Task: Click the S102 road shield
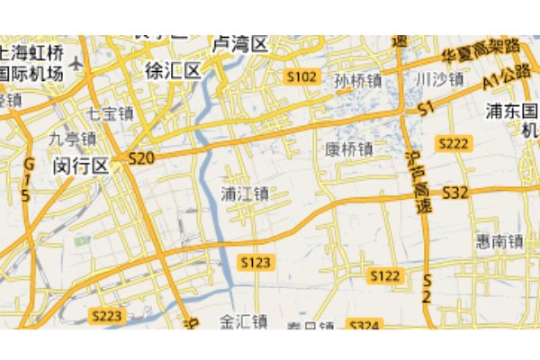(x=302, y=77)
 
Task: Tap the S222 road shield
(x=454, y=144)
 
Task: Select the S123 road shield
(x=256, y=262)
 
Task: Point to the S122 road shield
(x=385, y=275)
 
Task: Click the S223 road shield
(x=107, y=315)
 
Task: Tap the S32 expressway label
(x=456, y=192)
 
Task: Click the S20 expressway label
(x=142, y=158)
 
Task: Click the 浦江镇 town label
(x=245, y=193)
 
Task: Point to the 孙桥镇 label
(x=357, y=81)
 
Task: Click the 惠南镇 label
(x=500, y=242)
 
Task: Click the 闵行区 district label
(x=80, y=166)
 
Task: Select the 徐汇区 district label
(x=173, y=70)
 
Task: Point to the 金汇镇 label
(x=245, y=321)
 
